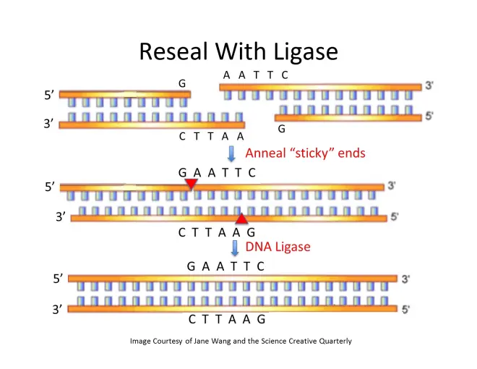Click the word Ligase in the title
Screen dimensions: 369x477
(x=299, y=53)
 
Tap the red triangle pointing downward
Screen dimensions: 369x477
(x=191, y=185)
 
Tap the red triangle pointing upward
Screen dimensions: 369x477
(x=242, y=218)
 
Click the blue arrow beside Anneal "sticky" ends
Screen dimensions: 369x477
(x=232, y=153)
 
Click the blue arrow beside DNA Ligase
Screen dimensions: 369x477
(x=235, y=247)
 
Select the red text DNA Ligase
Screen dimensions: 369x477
(x=278, y=247)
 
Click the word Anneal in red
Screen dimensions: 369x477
(x=267, y=153)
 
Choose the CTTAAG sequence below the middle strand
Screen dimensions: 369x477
(x=218, y=233)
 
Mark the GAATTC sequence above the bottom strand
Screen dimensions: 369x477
(x=226, y=266)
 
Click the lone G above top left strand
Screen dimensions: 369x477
(x=183, y=84)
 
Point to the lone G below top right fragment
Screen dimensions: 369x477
(x=281, y=129)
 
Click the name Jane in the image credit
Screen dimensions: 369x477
(x=202, y=341)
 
